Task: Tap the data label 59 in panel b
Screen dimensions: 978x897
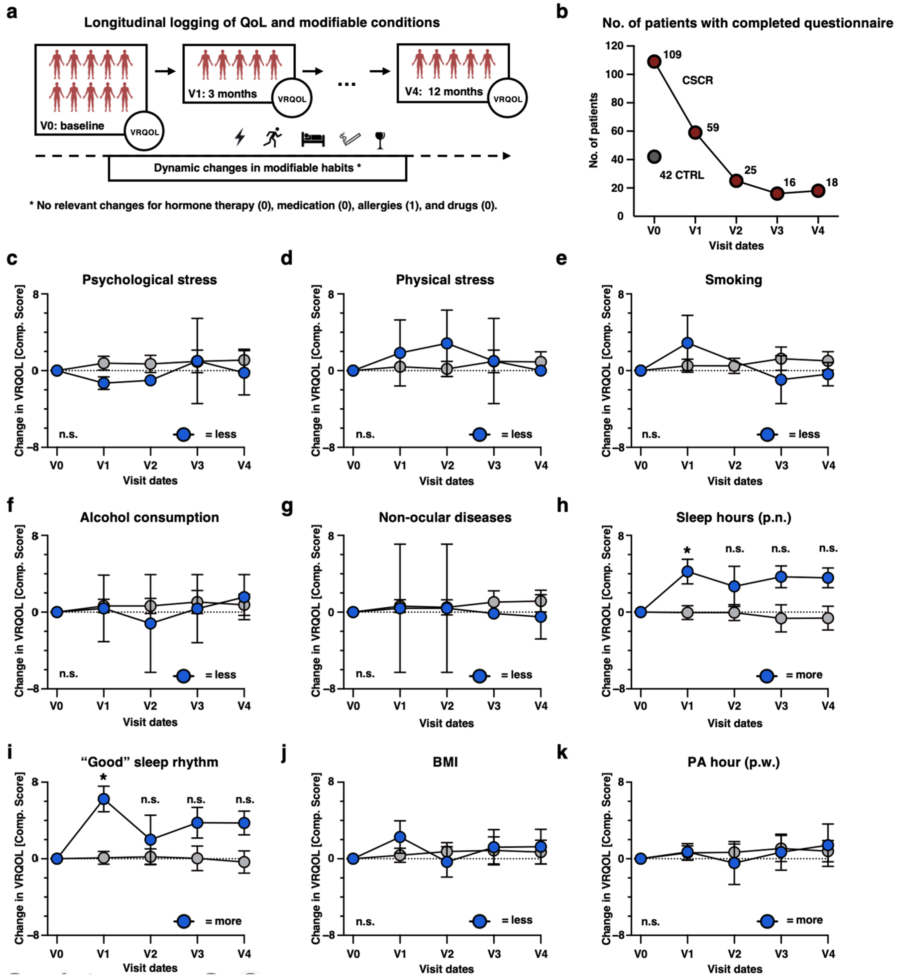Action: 712,128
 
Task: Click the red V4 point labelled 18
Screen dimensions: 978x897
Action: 818,191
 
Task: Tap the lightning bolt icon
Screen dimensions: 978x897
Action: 240,137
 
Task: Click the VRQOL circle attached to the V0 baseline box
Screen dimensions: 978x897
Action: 144,132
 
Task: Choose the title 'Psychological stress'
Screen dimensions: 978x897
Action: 149,280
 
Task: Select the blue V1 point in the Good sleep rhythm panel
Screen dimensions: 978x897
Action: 103,799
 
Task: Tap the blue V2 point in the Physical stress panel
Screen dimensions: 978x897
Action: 447,343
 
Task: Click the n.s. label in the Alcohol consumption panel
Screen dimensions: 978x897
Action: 68,674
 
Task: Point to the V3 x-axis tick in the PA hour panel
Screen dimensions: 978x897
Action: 781,954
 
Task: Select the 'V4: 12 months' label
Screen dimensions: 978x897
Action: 444,92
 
